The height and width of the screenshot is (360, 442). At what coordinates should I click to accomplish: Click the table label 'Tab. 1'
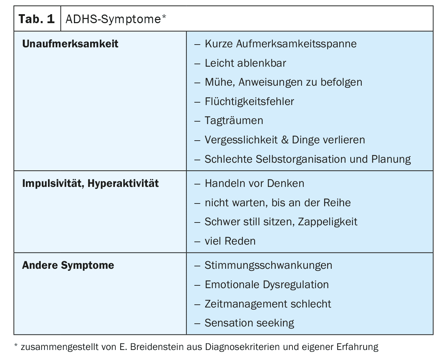(x=37, y=19)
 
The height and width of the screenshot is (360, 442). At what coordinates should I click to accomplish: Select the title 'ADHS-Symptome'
(x=113, y=19)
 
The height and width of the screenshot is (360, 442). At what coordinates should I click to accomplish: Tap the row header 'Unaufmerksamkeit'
(x=70, y=44)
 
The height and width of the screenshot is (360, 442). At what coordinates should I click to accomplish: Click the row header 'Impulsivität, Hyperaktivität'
(x=90, y=183)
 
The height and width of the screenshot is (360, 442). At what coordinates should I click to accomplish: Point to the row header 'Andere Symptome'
(x=68, y=265)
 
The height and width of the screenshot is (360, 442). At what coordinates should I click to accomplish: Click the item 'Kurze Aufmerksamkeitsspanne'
(x=280, y=44)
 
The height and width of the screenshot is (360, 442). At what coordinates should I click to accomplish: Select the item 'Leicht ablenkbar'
(x=245, y=63)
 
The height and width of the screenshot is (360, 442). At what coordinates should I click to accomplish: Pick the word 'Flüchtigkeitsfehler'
(x=249, y=102)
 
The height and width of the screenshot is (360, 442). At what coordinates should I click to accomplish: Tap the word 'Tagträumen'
(x=234, y=121)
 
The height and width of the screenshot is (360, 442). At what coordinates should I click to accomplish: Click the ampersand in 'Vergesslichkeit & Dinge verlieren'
(x=285, y=140)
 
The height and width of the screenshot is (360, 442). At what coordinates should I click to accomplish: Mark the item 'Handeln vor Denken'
(x=254, y=183)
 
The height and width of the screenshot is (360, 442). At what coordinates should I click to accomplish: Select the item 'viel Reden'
(x=230, y=241)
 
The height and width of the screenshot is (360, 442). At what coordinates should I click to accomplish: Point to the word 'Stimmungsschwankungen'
(x=268, y=265)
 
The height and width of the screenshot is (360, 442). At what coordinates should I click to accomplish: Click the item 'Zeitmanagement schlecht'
(x=268, y=304)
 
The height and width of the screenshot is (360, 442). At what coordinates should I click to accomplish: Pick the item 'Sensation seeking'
(x=249, y=323)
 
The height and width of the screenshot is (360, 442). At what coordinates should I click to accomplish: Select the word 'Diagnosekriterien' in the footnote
(x=242, y=347)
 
